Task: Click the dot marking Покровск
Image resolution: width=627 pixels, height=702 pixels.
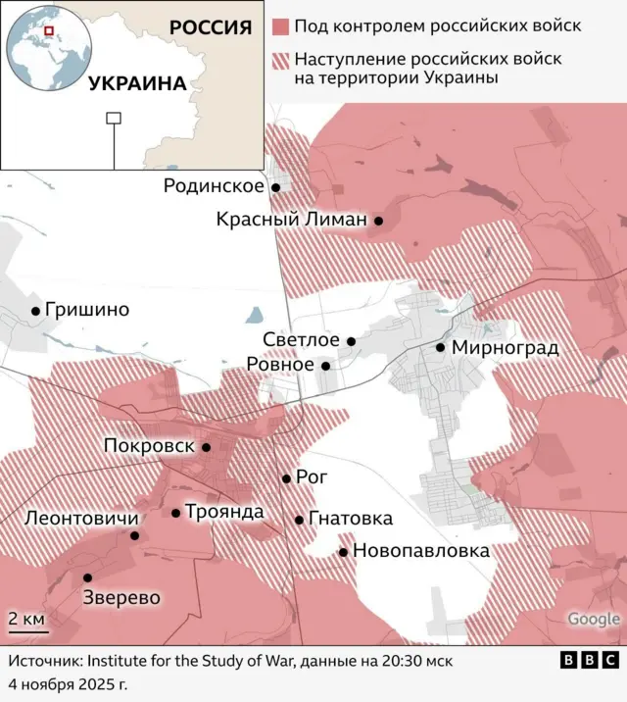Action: click(x=206, y=447)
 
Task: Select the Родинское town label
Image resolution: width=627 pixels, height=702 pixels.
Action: click(x=214, y=186)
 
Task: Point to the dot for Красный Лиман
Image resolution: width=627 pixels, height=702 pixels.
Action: click(x=378, y=222)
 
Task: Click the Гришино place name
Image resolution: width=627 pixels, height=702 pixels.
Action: click(x=87, y=311)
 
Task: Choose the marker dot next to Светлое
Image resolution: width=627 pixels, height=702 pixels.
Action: click(x=351, y=341)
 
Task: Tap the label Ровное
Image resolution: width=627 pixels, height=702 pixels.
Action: click(x=280, y=365)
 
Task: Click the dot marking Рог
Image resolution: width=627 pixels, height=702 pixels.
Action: click(x=286, y=478)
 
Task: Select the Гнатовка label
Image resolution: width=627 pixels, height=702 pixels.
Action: click(x=350, y=519)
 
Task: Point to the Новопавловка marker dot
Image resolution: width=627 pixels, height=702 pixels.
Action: click(x=343, y=552)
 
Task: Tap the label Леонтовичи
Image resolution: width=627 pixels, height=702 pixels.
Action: click(x=75, y=518)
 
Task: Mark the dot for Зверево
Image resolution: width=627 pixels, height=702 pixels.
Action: click(x=87, y=577)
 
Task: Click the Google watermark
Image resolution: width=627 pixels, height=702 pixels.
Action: click(x=594, y=619)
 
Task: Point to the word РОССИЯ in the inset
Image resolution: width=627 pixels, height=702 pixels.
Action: click(x=210, y=26)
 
